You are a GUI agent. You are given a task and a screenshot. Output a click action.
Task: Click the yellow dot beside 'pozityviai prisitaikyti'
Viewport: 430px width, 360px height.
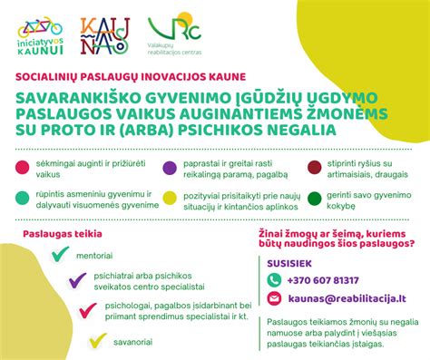coord(168,198)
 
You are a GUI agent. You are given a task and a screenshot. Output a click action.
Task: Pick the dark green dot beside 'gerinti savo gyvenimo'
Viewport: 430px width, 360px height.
coord(314,198)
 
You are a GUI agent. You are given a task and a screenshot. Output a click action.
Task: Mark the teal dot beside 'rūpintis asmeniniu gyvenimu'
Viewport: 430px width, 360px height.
coord(21,198)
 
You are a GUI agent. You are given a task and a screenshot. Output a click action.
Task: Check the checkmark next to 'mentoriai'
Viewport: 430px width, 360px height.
coord(61,254)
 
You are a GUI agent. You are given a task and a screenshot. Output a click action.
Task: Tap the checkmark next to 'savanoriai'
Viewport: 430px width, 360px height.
coord(98,342)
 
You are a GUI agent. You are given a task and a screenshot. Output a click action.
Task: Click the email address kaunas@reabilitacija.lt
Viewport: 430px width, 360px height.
coord(349,298)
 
